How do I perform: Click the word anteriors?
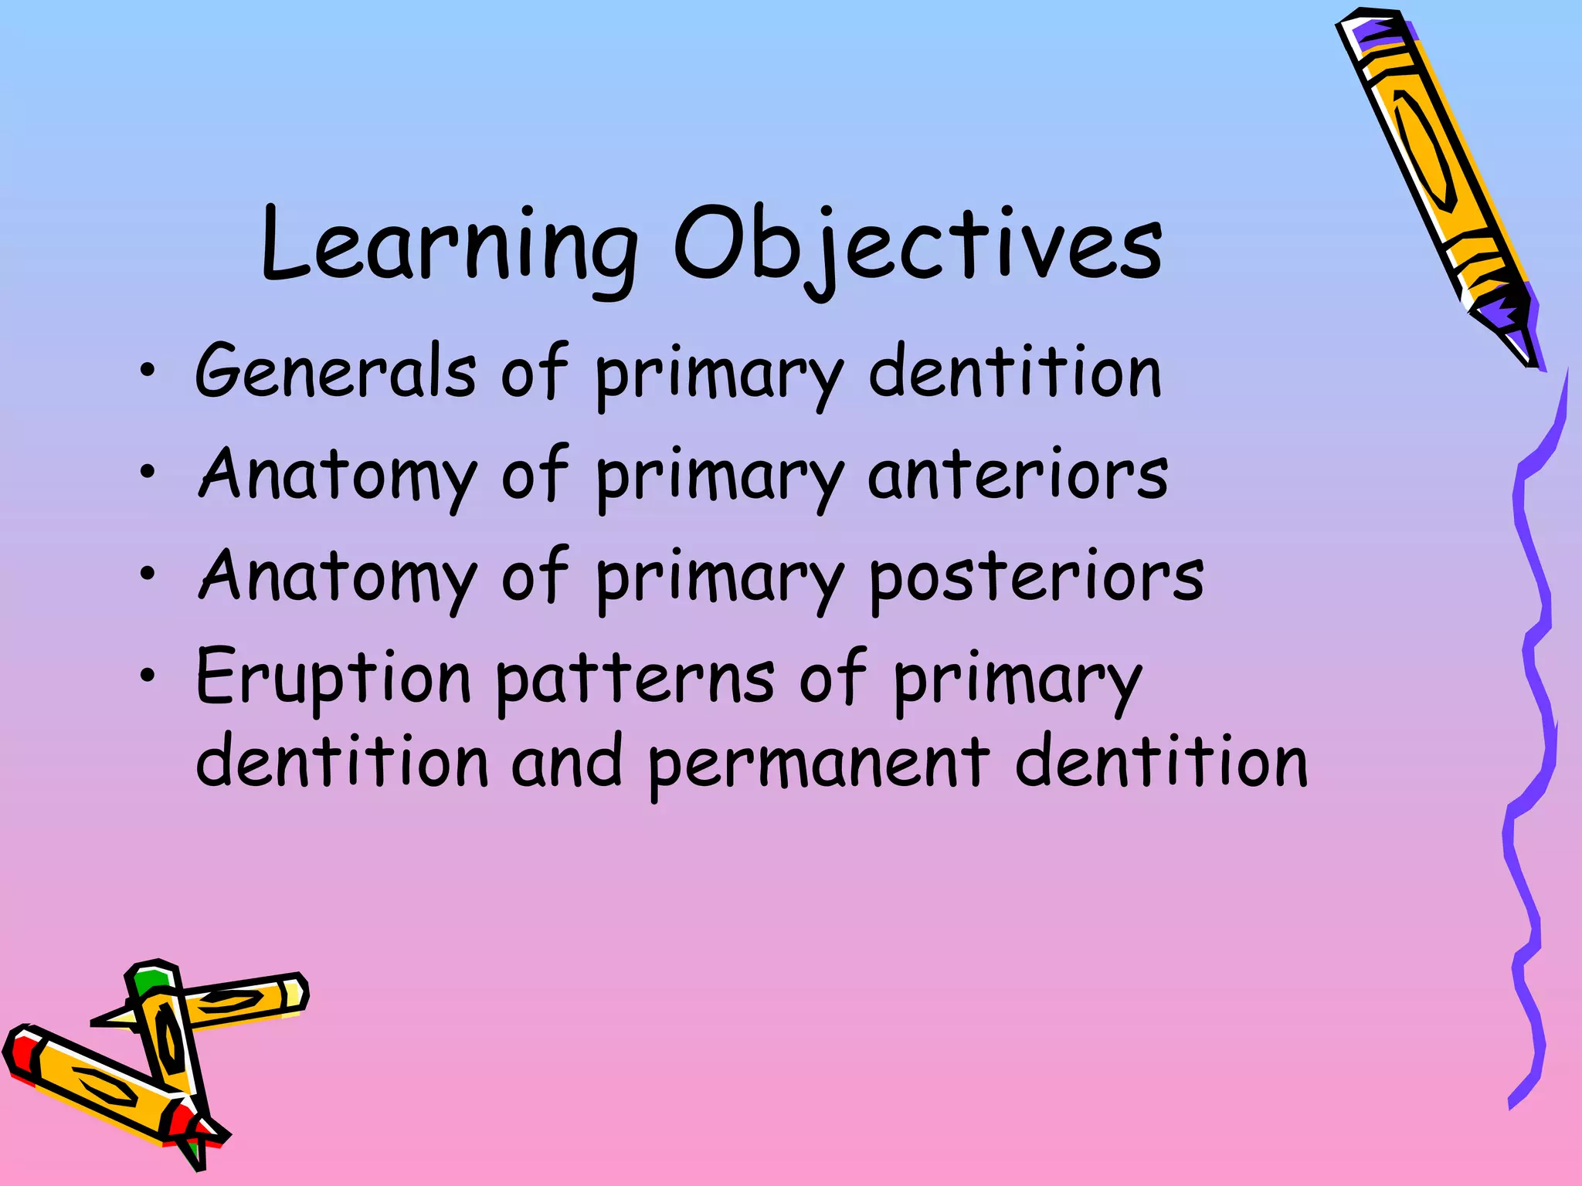(x=1017, y=475)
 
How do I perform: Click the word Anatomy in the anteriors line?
(x=338, y=475)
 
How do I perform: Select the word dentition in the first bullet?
(x=1015, y=372)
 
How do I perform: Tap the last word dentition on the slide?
(x=1162, y=763)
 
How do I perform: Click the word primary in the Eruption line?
(x=1017, y=679)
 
